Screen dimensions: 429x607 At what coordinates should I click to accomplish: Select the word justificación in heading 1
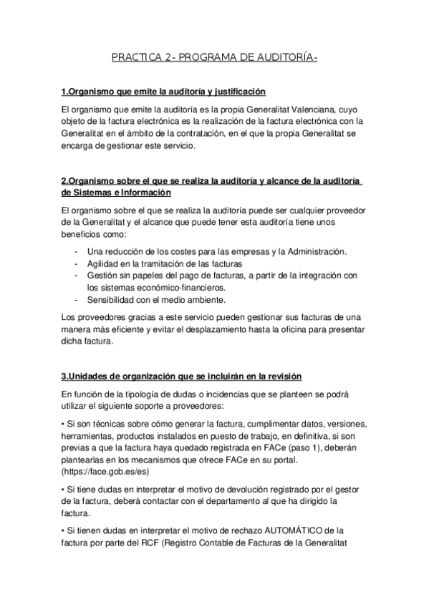(236, 92)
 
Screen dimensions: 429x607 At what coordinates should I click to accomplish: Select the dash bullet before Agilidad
(77, 263)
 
